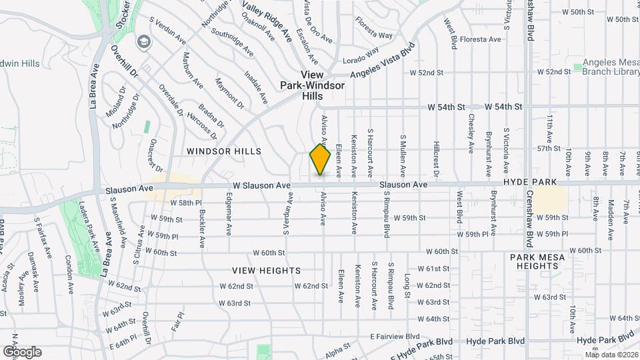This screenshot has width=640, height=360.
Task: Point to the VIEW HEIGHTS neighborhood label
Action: click(x=267, y=271)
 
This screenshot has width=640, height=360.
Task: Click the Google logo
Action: click(x=22, y=351)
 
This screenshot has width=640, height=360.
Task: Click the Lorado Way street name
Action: click(x=361, y=55)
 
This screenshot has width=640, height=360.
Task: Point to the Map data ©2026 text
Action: click(x=611, y=355)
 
